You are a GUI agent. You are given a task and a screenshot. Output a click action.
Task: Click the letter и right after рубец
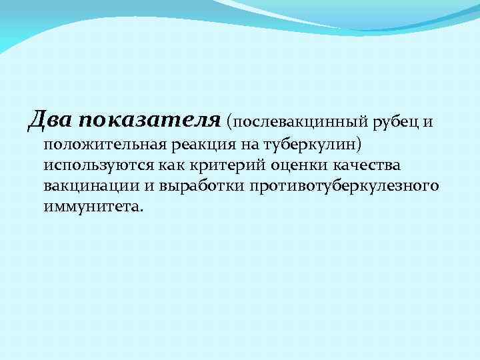click(x=430, y=122)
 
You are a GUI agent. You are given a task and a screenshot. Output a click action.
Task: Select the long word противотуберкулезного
click(x=344, y=185)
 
